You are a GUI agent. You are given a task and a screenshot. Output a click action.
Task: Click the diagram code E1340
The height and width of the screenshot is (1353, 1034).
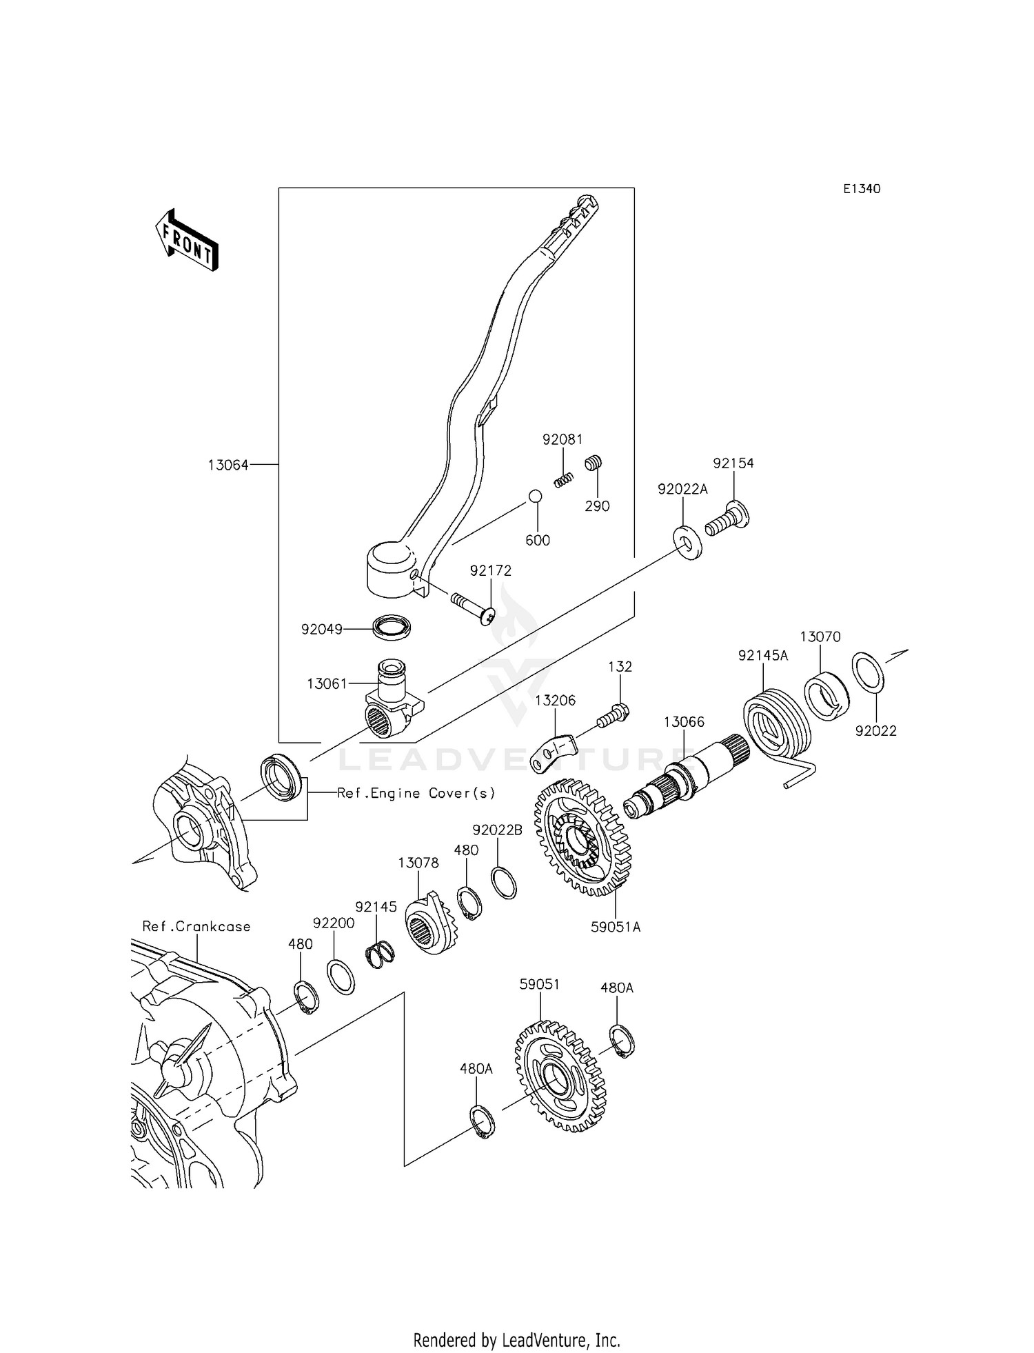(862, 189)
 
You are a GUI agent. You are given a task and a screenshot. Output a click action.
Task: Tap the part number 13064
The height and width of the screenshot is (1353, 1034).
(228, 465)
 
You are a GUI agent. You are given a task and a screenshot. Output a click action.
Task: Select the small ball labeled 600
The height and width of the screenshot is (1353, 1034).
(535, 496)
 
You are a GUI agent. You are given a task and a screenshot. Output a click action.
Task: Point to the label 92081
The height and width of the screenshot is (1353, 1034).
(562, 440)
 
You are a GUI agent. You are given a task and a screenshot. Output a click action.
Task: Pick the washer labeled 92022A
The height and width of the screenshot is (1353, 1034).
(687, 543)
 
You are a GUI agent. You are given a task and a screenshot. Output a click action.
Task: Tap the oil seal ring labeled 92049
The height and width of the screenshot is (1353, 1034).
(392, 626)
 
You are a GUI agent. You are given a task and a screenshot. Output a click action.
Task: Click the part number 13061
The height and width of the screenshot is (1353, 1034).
(327, 683)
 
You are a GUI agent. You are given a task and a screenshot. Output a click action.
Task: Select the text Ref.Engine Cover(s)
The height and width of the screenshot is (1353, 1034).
(416, 793)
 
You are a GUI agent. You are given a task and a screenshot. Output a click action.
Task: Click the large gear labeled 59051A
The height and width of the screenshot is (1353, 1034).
(582, 837)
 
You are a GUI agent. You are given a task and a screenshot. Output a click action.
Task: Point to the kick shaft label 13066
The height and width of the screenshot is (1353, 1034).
(684, 722)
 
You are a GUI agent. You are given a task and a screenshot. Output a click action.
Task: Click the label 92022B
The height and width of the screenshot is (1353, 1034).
(497, 830)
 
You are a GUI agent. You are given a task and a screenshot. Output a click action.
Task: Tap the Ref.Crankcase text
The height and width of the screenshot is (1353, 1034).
(196, 926)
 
